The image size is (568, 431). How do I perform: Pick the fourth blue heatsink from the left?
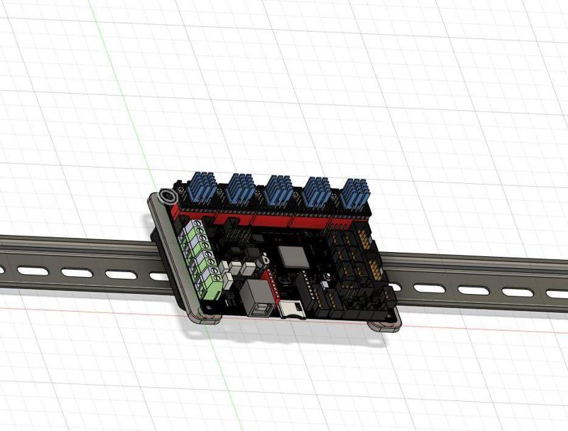click(317, 192)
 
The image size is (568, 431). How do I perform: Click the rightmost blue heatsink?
click(353, 193)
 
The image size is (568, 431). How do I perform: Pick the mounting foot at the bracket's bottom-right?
click(385, 327)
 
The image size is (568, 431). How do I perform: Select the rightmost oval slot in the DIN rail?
click(552, 293)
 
